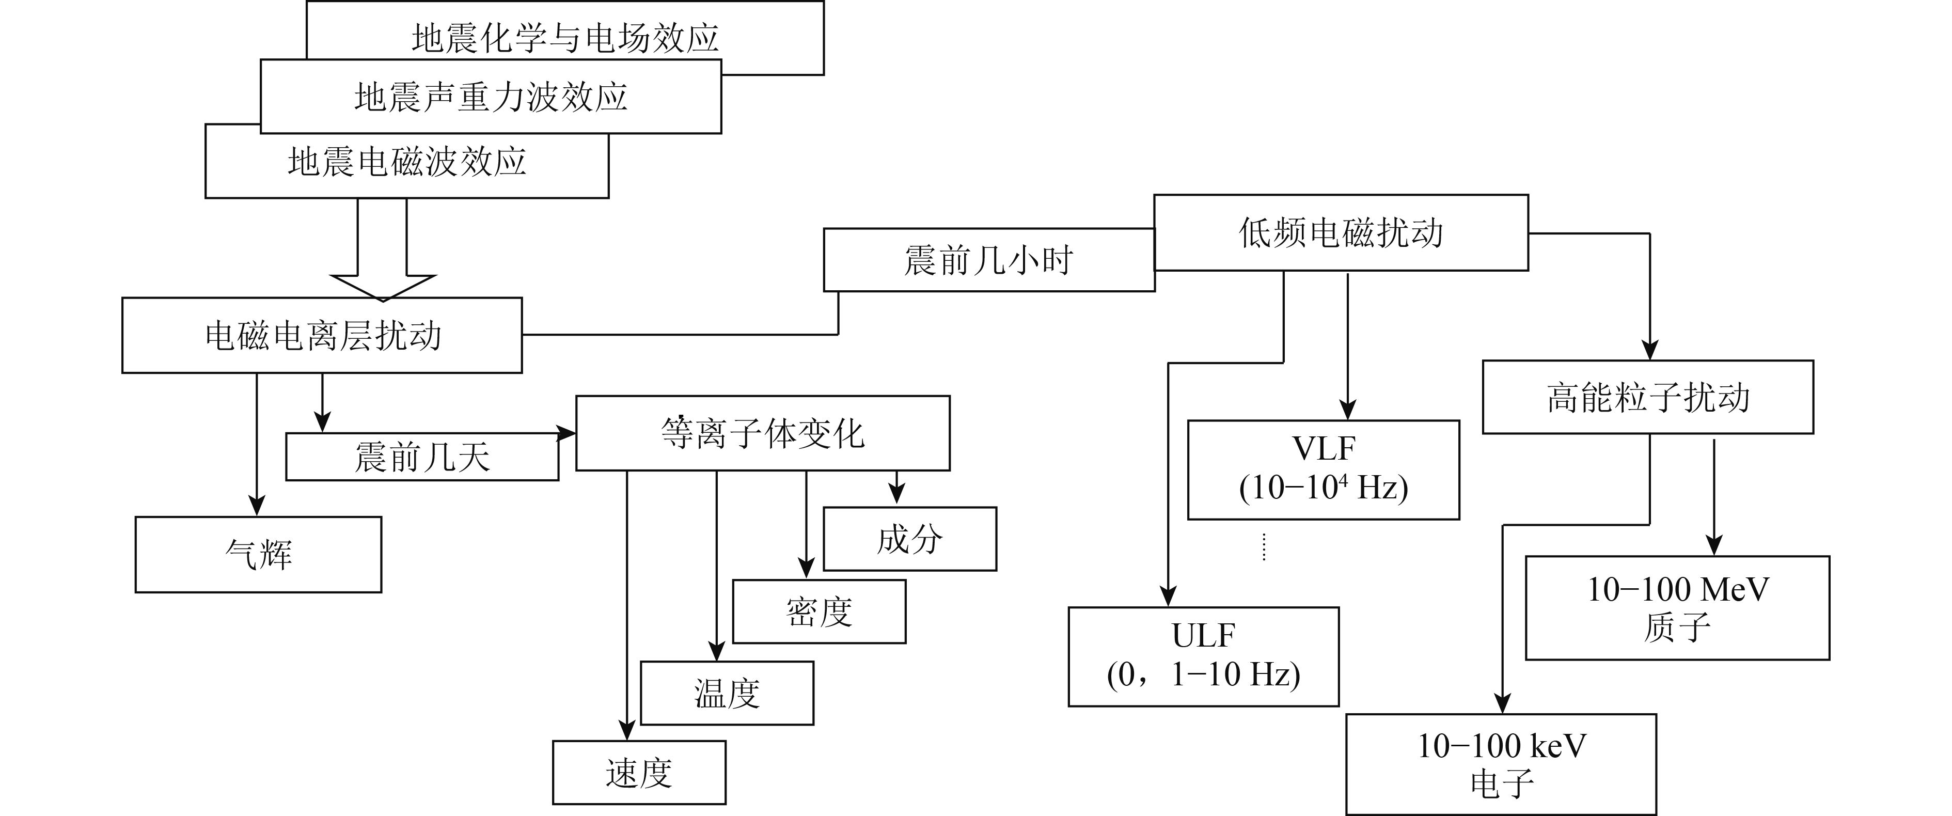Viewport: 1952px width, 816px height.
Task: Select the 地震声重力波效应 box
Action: pos(491,97)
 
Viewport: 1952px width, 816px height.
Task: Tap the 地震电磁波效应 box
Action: pos(407,162)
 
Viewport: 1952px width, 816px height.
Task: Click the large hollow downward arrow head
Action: pos(383,285)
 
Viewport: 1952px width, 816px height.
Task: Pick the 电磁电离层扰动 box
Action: pos(322,335)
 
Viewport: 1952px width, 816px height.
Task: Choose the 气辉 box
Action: pos(258,555)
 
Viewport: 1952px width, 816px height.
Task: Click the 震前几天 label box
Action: pos(422,458)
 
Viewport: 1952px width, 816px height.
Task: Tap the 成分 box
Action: pos(909,539)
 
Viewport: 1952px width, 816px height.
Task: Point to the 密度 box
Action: pos(819,612)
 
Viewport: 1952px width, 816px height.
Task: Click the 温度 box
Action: pos(727,693)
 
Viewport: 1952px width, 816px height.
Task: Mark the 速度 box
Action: pos(639,773)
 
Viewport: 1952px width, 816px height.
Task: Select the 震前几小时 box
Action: pos(989,260)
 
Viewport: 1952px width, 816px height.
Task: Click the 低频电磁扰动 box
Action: pos(1341,232)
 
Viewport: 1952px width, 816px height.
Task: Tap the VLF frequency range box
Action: pos(1323,470)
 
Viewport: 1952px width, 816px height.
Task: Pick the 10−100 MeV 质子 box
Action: pos(1677,608)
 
